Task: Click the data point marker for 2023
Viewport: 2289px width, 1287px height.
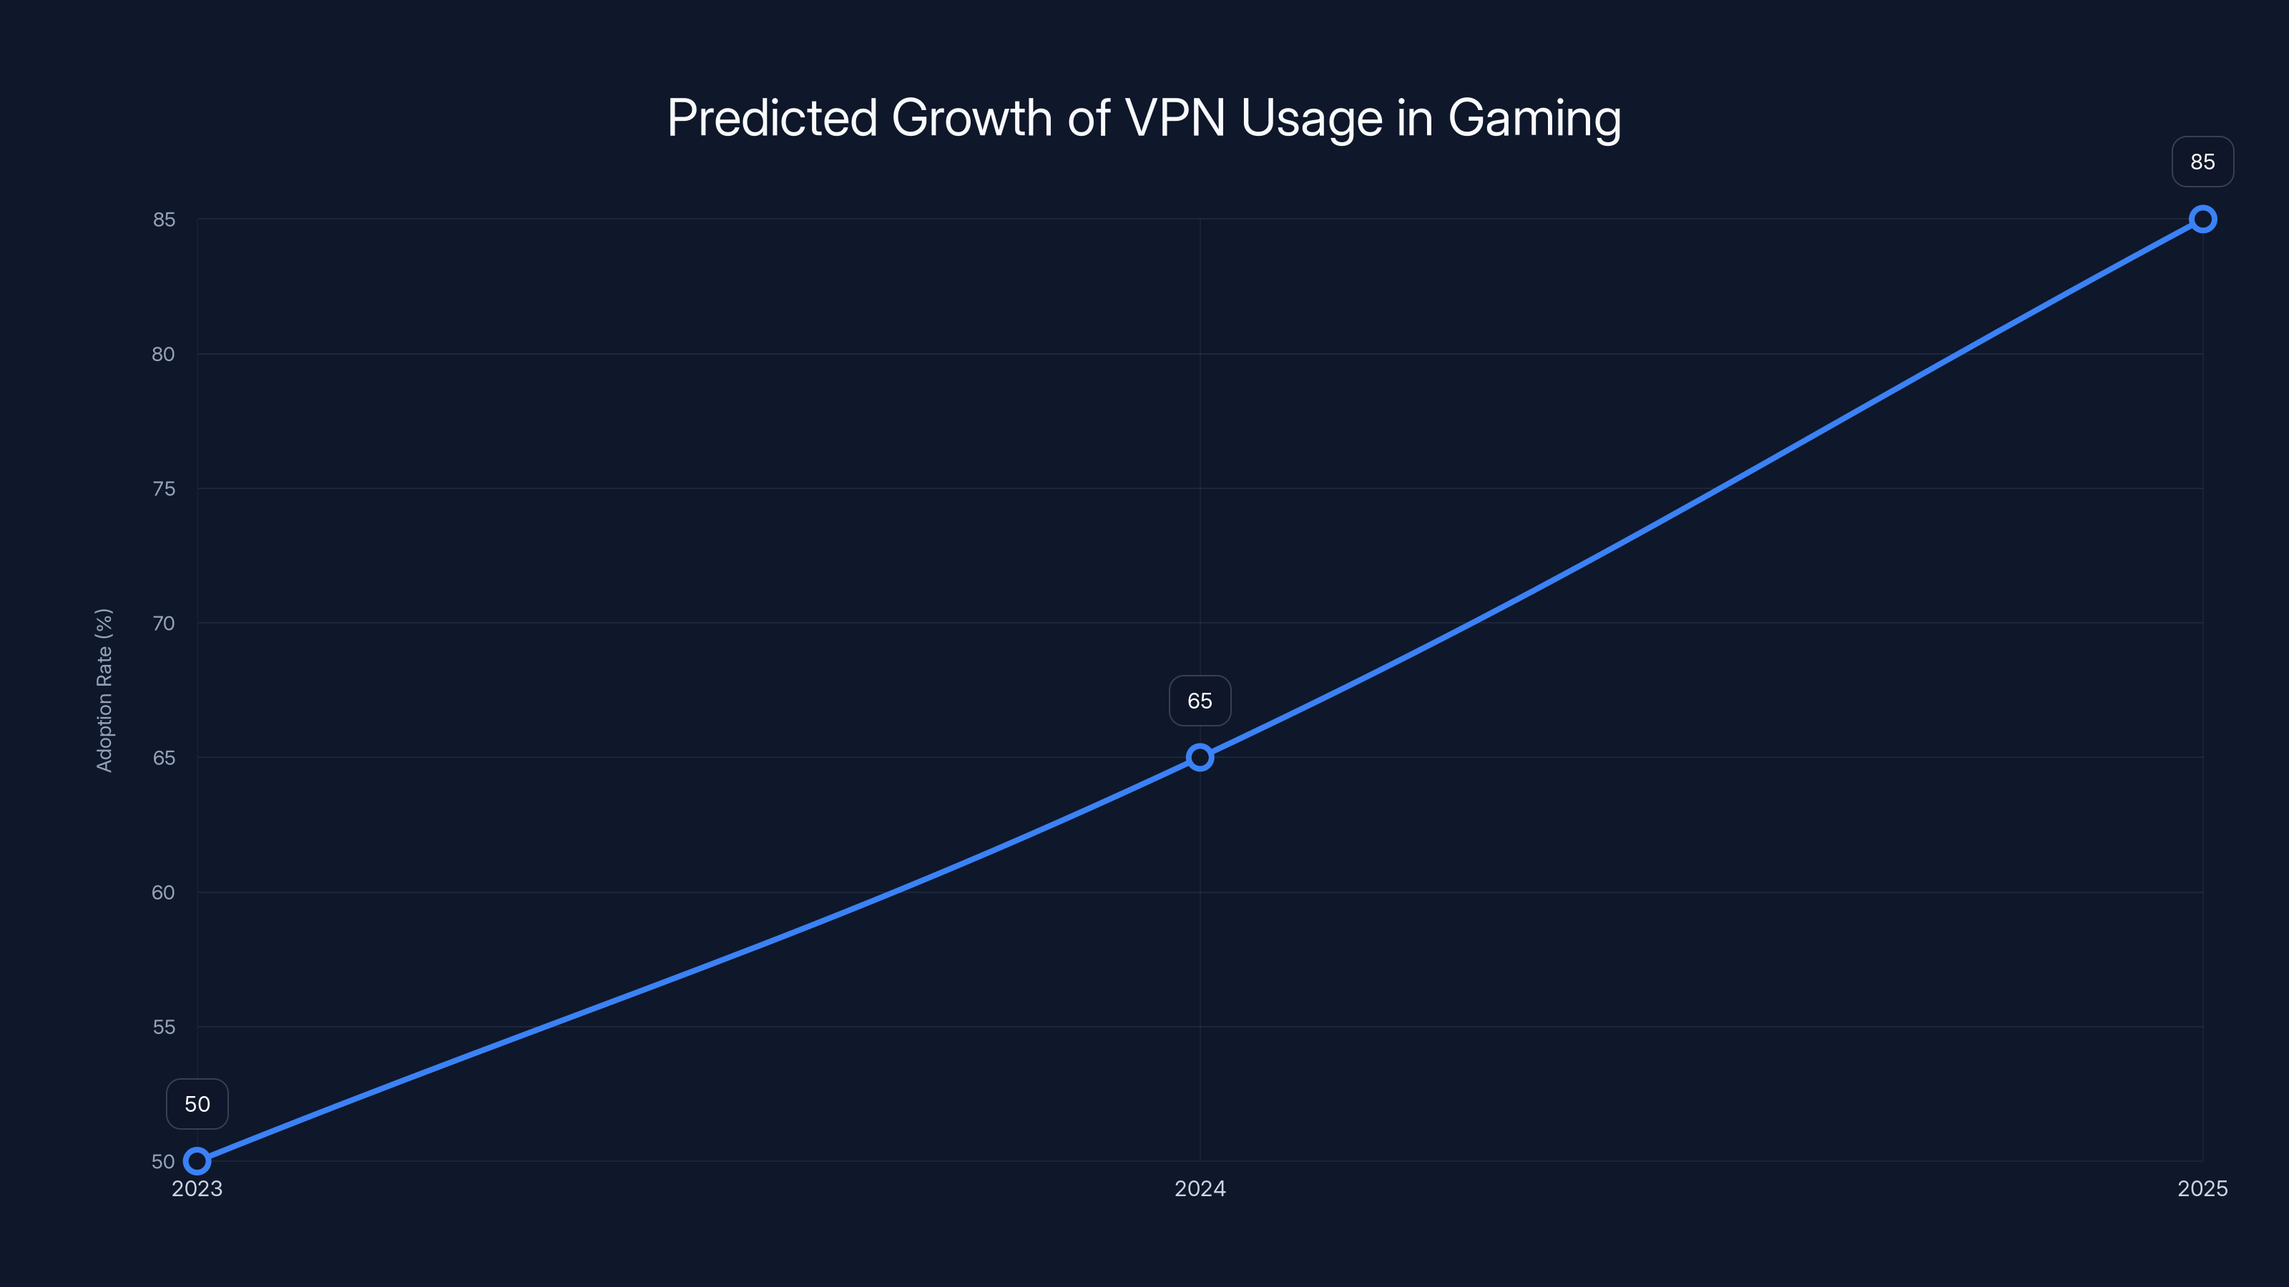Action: point(197,1161)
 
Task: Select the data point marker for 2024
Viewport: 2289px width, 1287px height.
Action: point(1200,758)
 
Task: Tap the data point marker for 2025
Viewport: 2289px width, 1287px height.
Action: point(2202,220)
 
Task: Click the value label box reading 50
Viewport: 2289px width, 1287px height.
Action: point(197,1104)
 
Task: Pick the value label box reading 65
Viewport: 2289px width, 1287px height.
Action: point(1200,701)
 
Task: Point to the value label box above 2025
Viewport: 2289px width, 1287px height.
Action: point(2202,162)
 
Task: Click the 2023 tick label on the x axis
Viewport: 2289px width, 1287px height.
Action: point(197,1188)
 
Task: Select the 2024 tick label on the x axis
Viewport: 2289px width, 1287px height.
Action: point(1200,1188)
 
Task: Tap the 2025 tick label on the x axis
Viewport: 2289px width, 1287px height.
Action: point(2202,1188)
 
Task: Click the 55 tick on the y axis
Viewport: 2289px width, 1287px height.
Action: point(164,1027)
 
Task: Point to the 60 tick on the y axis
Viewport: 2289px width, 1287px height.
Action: point(164,892)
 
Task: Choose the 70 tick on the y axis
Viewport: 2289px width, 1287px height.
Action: point(164,623)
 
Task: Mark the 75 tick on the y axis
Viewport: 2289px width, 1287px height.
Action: point(164,488)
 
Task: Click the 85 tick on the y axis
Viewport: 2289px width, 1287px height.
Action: point(164,220)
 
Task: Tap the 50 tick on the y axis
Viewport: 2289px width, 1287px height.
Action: point(164,1161)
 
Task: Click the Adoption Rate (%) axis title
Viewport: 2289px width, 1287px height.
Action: point(104,690)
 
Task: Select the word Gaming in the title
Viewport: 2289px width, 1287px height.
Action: point(1534,118)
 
